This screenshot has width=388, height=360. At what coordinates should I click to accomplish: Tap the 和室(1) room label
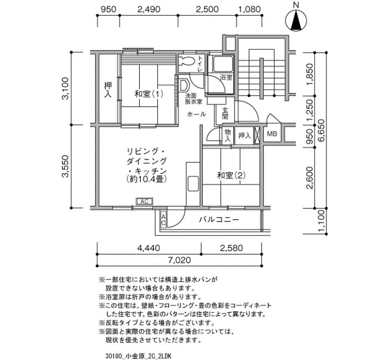(x=149, y=94)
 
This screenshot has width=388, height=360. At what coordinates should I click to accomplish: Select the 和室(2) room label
(x=231, y=176)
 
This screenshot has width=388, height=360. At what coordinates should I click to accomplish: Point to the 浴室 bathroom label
(x=226, y=78)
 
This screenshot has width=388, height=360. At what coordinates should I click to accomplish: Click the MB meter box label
(x=272, y=134)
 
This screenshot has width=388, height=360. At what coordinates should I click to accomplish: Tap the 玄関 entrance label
(x=224, y=113)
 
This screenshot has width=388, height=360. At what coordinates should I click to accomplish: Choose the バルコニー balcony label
(x=219, y=219)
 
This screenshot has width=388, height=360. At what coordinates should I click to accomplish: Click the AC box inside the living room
(x=145, y=202)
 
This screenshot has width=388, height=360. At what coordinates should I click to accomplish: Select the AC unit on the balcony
(x=164, y=220)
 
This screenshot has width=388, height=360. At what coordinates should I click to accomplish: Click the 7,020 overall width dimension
(x=180, y=260)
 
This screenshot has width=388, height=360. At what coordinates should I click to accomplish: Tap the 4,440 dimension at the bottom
(x=149, y=248)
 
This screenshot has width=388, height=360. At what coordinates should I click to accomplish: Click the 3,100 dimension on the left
(x=65, y=89)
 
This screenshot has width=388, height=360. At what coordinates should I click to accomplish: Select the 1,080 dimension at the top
(x=249, y=9)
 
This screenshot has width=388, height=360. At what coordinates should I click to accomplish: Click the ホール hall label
(x=196, y=114)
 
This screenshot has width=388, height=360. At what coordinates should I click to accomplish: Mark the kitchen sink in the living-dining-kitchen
(x=193, y=184)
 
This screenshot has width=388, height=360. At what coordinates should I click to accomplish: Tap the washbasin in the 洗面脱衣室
(x=183, y=85)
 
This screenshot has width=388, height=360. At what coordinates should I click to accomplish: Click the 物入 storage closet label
(x=227, y=135)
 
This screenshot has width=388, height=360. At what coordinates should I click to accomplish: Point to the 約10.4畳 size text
(x=146, y=179)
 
